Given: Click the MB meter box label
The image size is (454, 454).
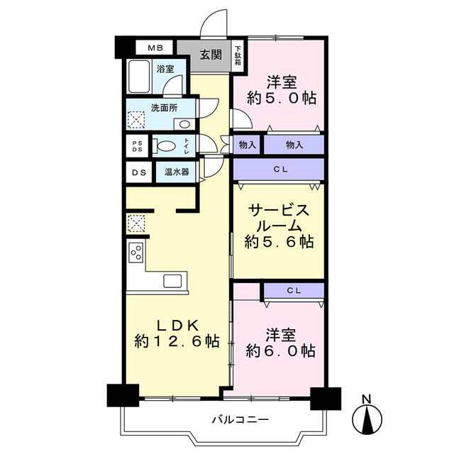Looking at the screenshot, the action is point(155,48).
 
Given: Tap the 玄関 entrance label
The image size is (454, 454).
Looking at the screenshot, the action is point(211,54).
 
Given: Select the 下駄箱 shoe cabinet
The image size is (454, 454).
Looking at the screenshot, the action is point(238,55).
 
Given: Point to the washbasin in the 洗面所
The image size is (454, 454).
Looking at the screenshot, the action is point(184,125).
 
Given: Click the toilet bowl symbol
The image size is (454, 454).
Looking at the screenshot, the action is point(164,145).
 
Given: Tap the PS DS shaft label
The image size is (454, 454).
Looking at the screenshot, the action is point(137,146).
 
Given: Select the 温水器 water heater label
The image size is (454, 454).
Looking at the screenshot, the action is point(177,172).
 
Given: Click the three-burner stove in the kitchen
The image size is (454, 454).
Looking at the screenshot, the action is point(137,253).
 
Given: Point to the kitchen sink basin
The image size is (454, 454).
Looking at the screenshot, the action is point(172,281).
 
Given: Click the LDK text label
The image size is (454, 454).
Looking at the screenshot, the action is point(177,326).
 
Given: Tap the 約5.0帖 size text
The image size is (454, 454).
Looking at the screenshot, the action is point(282,98).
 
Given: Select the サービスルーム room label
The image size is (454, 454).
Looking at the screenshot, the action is point(279,218).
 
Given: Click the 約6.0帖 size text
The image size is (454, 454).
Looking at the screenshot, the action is point(281,351).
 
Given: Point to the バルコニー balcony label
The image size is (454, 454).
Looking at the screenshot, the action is point(241,419).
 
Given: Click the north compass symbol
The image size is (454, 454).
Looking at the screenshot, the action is point(367,418).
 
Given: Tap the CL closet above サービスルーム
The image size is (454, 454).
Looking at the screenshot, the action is point(279,170).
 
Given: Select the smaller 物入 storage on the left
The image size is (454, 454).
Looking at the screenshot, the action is point(247,145).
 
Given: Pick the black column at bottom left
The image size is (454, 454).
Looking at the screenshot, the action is point(123,396).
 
